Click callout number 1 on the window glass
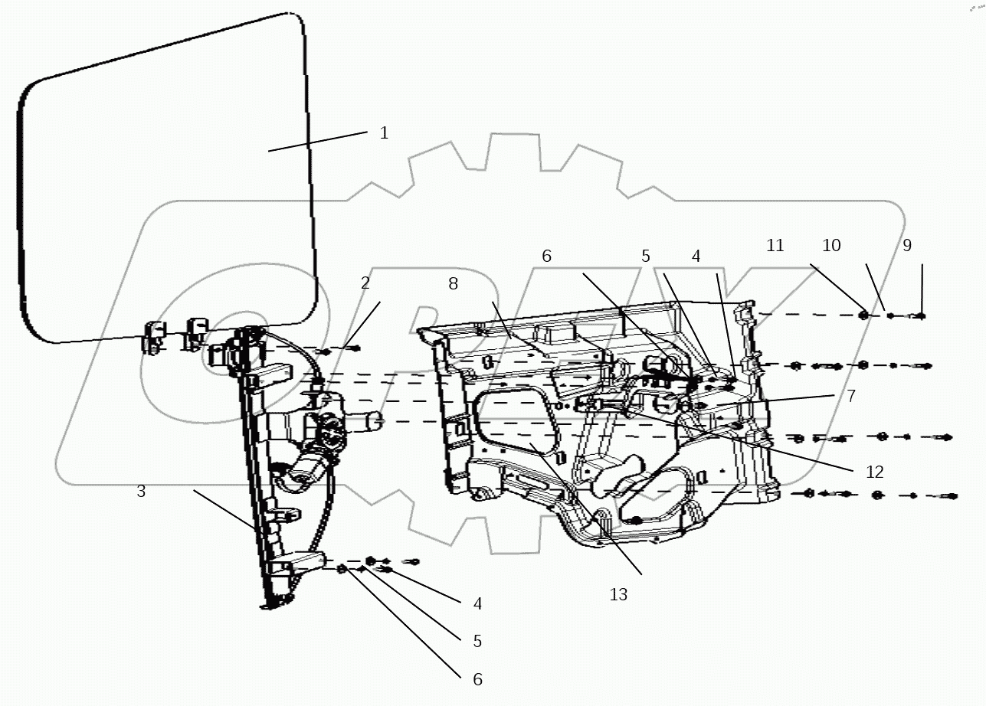[x=384, y=133]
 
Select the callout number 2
[x=365, y=283]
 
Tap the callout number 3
[x=141, y=492]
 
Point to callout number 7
[x=850, y=397]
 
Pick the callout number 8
[x=453, y=284]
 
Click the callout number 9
[x=907, y=246]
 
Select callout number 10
[x=831, y=246]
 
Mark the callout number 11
[x=775, y=246]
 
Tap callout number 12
[x=874, y=472]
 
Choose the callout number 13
[x=618, y=595]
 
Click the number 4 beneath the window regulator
[x=477, y=604]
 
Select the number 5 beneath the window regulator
[x=477, y=641]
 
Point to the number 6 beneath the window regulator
[x=477, y=679]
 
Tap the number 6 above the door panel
[x=546, y=257]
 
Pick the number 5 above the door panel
[x=646, y=257]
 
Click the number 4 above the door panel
[x=696, y=257]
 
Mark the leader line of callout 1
[x=318, y=142]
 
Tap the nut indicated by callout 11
[x=863, y=315]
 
